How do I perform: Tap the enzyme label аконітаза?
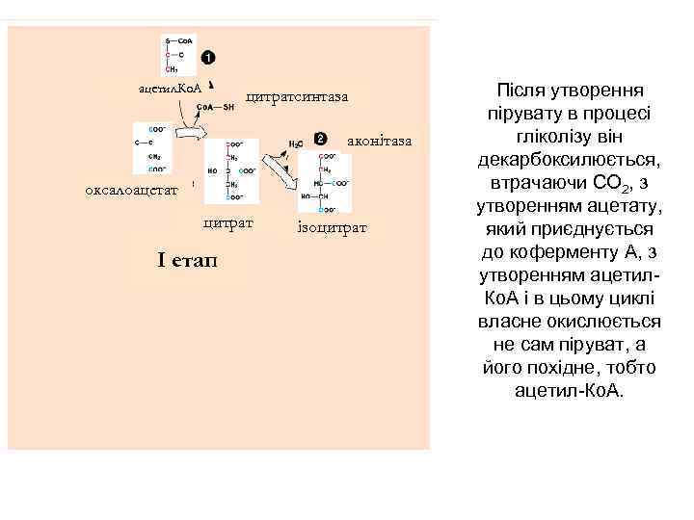pos(385,142)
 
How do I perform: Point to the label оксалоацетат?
pos(132,190)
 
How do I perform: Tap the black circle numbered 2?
pos(320,139)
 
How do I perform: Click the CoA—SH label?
pos(217,108)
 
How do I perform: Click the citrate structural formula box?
pos(231,171)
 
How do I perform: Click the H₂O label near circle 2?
pos(296,143)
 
